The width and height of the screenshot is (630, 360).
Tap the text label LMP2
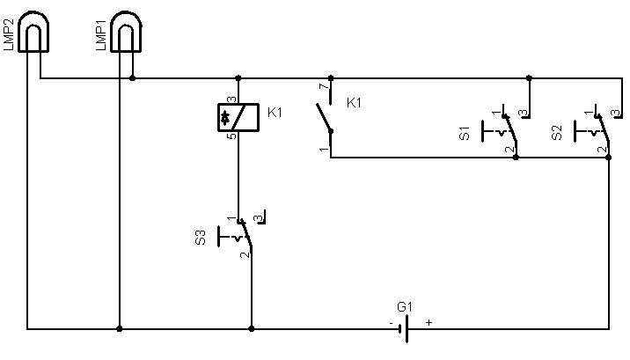click(9, 35)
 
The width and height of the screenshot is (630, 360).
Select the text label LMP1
click(101, 35)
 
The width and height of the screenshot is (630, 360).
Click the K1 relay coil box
click(238, 117)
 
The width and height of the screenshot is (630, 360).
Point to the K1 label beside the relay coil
click(275, 113)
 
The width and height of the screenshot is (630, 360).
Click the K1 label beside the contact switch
click(354, 103)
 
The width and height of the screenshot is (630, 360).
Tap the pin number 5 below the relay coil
click(231, 136)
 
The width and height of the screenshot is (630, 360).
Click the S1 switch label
click(465, 133)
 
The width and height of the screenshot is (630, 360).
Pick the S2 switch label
click(557, 133)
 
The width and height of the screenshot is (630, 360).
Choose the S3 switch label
click(200, 237)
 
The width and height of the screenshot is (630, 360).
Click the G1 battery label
click(405, 307)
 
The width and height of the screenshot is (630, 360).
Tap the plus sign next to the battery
click(429, 322)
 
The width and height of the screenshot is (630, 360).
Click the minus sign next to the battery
click(391, 323)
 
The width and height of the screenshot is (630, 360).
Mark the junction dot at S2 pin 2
click(608, 158)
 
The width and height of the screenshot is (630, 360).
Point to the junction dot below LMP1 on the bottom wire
click(120, 328)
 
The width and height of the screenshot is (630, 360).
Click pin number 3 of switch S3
click(259, 219)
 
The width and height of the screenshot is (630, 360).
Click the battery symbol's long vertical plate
click(407, 328)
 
